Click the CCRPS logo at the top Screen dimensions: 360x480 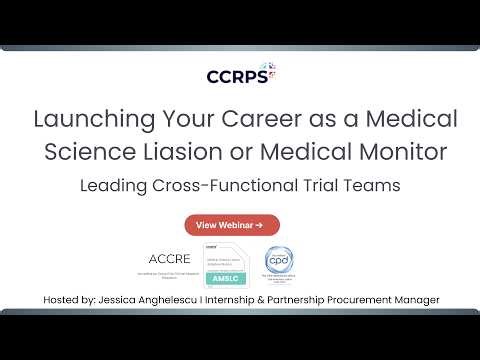(236, 75)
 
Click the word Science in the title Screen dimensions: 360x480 (86, 153)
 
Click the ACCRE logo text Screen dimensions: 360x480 (168, 258)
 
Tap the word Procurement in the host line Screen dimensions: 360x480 (368, 300)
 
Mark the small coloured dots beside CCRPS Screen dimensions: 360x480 (271, 70)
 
